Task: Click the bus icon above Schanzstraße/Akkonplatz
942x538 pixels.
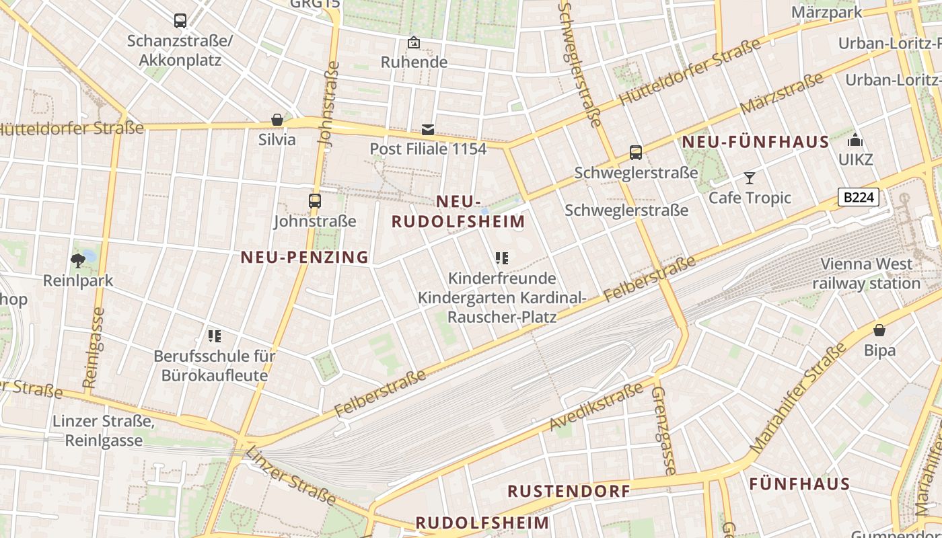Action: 180,21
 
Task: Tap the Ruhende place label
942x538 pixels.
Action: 414,62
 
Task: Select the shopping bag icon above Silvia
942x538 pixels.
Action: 277,120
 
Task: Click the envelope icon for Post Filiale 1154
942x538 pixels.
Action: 428,130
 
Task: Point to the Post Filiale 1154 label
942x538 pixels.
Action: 428,149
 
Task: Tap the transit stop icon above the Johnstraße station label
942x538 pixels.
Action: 314,200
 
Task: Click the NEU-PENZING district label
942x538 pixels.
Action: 305,257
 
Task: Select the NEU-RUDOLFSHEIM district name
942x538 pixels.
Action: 458,211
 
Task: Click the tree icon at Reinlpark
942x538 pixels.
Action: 78,260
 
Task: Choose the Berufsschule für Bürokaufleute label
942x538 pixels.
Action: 215,365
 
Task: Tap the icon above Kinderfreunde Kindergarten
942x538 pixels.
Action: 501,258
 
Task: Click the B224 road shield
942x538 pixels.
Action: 859,197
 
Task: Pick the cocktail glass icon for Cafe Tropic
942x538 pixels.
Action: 749,178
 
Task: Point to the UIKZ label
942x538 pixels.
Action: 855,160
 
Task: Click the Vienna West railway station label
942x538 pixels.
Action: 866,274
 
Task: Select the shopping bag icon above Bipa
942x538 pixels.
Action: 879,330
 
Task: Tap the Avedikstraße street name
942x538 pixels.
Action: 596,407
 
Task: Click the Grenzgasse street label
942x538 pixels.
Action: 663,430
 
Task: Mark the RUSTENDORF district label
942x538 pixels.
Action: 569,491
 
